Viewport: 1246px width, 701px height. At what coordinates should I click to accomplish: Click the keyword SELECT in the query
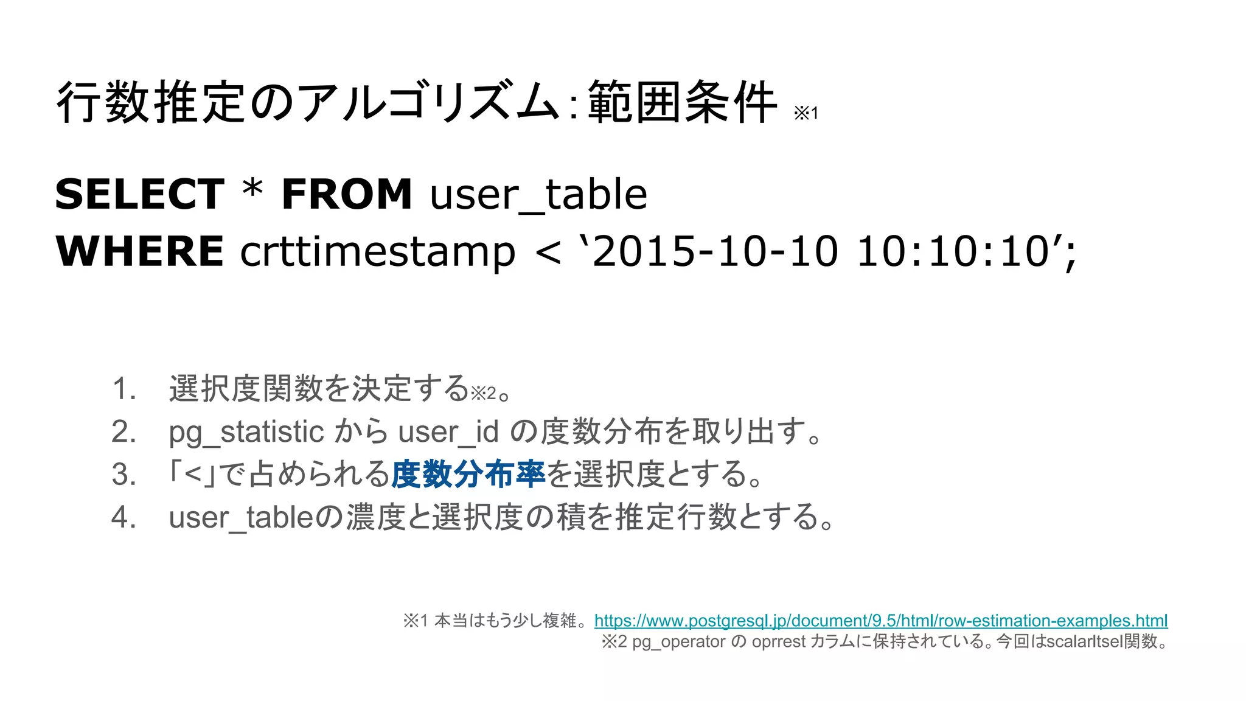pyautogui.click(x=139, y=195)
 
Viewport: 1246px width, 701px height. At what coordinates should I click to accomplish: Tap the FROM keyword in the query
pyautogui.click(x=347, y=195)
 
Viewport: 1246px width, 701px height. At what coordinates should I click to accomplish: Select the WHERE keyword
pyautogui.click(x=139, y=251)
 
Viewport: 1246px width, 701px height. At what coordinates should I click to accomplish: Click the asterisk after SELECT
pyautogui.click(x=252, y=190)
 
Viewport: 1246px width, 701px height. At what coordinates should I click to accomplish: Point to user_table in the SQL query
pyautogui.click(x=538, y=195)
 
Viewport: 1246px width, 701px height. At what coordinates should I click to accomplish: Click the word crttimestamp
pyautogui.click(x=377, y=252)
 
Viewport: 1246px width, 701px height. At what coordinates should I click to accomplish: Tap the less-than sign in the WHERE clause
pyautogui.click(x=548, y=252)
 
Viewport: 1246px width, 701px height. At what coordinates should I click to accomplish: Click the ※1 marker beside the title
pyautogui.click(x=806, y=113)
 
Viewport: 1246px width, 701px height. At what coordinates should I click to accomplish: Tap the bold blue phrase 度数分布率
pyautogui.click(x=468, y=475)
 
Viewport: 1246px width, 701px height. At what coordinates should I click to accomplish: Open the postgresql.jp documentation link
pyautogui.click(x=880, y=621)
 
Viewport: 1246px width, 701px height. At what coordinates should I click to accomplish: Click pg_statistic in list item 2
pyautogui.click(x=246, y=433)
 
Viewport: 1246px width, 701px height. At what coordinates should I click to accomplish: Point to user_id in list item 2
pyautogui.click(x=448, y=433)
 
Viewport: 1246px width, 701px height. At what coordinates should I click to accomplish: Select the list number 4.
pyautogui.click(x=124, y=517)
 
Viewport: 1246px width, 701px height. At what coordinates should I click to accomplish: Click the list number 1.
pyautogui.click(x=124, y=389)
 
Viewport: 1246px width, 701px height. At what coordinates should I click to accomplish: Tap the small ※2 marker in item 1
pyautogui.click(x=484, y=394)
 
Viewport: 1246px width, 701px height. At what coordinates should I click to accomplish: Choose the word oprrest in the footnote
pyautogui.click(x=778, y=642)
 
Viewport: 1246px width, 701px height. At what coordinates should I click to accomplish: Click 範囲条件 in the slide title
pyautogui.click(x=682, y=102)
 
